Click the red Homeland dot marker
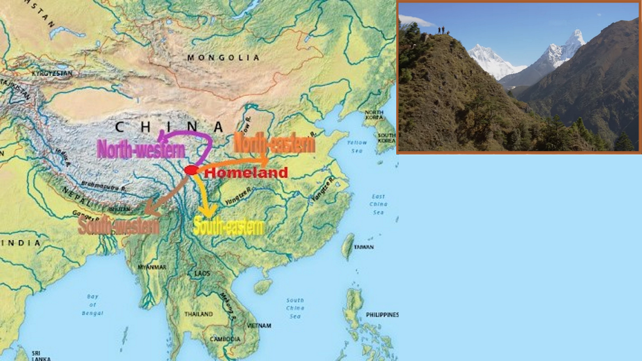[x=191, y=170]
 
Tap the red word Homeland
[x=246, y=173]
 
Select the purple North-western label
[x=141, y=149]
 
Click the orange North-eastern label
[x=274, y=144]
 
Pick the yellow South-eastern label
[x=229, y=227]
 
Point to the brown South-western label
[x=118, y=226]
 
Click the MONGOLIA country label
[x=224, y=58]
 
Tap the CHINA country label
[x=169, y=127]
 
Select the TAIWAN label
[x=364, y=247]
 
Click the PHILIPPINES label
[x=382, y=315]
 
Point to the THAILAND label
[x=199, y=314]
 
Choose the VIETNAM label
[x=259, y=326]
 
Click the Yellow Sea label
[x=357, y=146]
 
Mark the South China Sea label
[x=295, y=308]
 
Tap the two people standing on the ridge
[x=441, y=31]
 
